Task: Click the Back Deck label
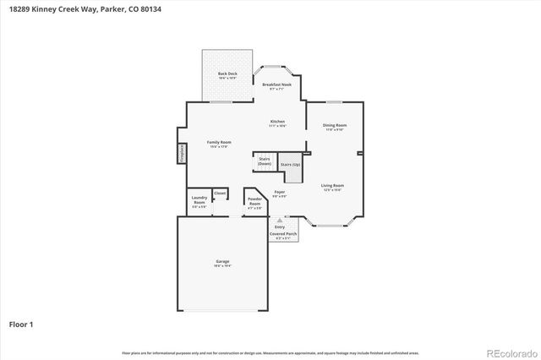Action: (x=227, y=74)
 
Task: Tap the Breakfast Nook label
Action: (x=276, y=85)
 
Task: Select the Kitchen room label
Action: (x=277, y=123)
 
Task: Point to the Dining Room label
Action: (x=335, y=127)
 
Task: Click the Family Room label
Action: (x=219, y=143)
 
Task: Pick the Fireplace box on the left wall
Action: (x=181, y=153)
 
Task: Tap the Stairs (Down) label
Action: (x=265, y=161)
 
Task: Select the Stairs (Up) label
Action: (x=290, y=164)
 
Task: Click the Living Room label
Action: (x=331, y=187)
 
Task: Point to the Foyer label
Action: (x=279, y=194)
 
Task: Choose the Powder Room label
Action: (x=254, y=202)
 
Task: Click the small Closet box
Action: (x=220, y=194)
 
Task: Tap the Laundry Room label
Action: (x=199, y=203)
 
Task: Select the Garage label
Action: (x=222, y=263)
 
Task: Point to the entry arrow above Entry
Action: (x=280, y=221)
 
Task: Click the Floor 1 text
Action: (x=22, y=324)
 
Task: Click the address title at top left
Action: (x=68, y=8)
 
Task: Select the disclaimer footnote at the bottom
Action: (x=270, y=352)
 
